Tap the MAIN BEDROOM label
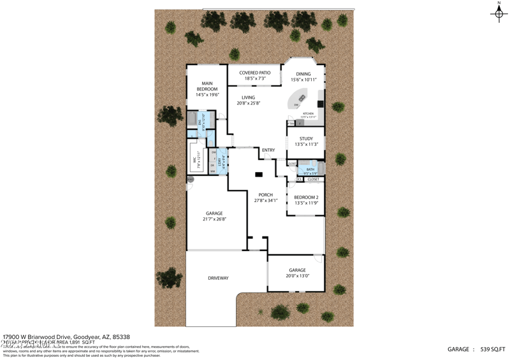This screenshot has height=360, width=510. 207,86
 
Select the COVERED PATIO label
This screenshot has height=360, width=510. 255,73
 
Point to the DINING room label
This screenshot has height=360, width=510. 303,74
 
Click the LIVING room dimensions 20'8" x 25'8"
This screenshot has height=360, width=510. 248,103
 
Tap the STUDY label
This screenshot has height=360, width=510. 306,138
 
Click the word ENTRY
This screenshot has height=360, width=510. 268,150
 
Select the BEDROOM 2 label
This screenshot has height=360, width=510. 306,198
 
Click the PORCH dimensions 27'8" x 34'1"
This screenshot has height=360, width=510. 265,201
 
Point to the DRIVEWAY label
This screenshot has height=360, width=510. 218,278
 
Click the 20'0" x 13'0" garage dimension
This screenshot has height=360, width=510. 297,276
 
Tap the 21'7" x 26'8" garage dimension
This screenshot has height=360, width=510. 214,219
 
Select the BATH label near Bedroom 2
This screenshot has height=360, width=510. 310,169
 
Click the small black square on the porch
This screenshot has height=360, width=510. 258,174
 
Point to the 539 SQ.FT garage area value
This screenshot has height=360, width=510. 492,349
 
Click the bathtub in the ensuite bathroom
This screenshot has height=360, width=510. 191,119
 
